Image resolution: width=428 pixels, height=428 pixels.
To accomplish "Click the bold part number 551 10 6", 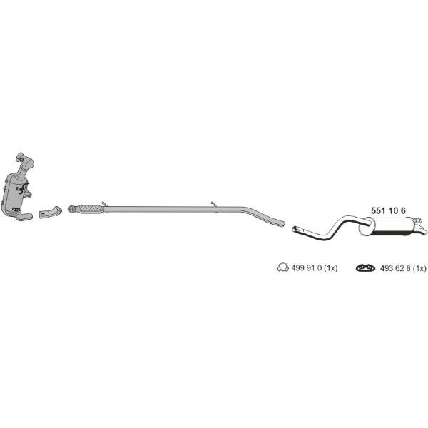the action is (388, 210).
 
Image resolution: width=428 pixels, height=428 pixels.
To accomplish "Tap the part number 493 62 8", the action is (395, 268).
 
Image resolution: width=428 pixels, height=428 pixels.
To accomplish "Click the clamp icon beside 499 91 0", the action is (282, 267).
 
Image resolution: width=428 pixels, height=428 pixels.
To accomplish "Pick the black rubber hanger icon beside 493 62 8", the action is (365, 267).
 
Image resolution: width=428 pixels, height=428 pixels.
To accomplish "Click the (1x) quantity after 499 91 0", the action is (331, 268).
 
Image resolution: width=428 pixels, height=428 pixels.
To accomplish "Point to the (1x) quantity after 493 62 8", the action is (419, 268).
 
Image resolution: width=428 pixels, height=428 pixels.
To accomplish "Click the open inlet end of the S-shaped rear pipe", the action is (295, 230).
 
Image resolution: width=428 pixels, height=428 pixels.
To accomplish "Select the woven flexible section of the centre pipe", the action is (90, 209).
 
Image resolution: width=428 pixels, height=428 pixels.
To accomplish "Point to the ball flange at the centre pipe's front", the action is (71, 209).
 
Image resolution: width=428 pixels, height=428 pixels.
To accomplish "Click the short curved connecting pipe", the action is (51, 212).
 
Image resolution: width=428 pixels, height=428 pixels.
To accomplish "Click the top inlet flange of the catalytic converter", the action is (24, 160).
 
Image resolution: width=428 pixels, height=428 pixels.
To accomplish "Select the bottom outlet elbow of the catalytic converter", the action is (24, 216).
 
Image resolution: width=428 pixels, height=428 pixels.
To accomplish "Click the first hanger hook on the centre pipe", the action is (104, 203).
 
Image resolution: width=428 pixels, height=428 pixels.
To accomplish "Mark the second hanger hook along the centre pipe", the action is (214, 203).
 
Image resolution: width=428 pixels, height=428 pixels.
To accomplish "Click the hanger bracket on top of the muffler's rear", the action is (417, 220).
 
